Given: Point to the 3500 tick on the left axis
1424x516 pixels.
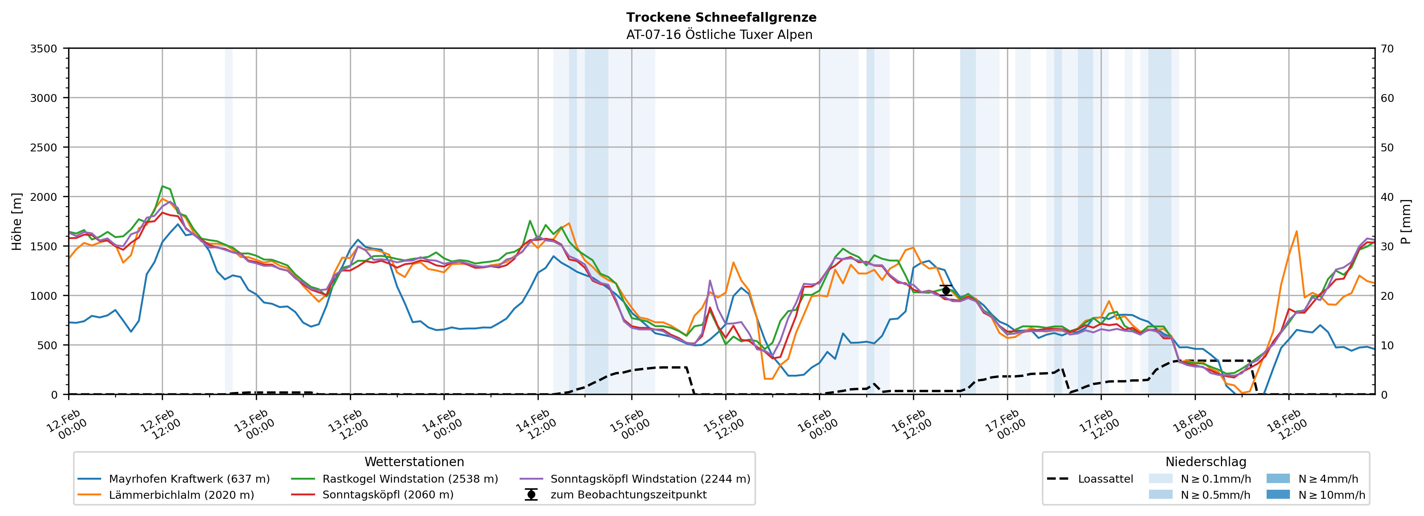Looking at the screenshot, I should (44, 49).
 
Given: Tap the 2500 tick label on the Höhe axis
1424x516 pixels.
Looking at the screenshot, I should (44, 148).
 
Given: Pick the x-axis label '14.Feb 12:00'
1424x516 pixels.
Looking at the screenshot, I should (535, 425).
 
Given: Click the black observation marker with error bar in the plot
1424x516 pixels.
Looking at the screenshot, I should (946, 290).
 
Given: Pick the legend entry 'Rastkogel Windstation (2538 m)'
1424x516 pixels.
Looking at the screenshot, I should (409, 479).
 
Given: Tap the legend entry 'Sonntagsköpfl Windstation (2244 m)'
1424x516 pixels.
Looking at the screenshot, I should (650, 479).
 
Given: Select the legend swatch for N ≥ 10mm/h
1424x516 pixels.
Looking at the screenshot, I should (1278, 494).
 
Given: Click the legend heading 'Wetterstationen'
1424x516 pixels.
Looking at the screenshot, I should (414, 462).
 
